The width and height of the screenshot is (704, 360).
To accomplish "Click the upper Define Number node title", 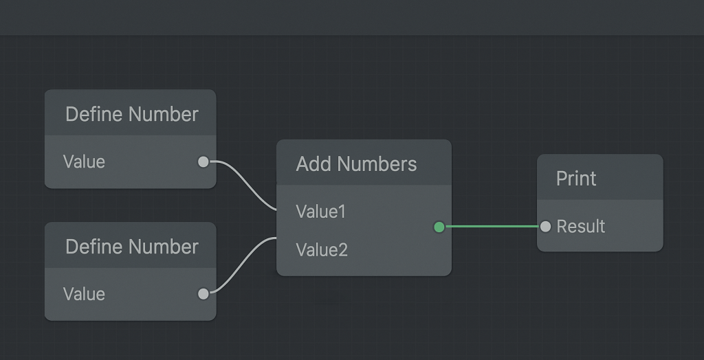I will [131, 114].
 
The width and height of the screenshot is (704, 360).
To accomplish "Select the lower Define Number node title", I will [131, 247].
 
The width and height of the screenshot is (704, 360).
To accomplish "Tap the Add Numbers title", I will [356, 164].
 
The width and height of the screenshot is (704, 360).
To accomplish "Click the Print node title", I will [576, 179].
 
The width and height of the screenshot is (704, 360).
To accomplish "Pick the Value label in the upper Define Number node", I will [84, 161].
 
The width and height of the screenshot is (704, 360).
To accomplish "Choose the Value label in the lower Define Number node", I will [84, 294].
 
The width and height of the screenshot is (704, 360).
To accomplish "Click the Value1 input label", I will [321, 212].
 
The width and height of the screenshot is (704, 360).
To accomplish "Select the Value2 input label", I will [322, 249].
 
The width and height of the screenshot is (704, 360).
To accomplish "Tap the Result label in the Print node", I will [581, 226].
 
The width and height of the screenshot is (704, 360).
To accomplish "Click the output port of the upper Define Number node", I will [203, 161].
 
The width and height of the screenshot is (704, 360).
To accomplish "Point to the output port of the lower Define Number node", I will [203, 294].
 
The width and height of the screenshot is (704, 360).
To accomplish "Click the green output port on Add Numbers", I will [439, 227].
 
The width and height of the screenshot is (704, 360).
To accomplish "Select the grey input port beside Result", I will [545, 226].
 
